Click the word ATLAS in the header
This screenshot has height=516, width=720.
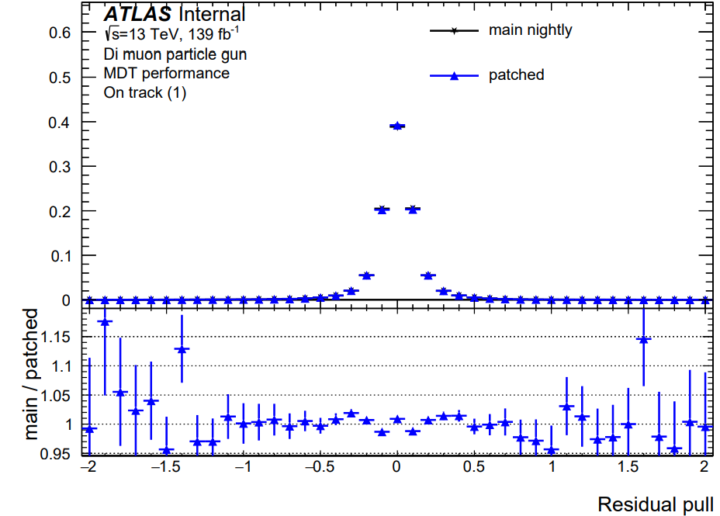138,14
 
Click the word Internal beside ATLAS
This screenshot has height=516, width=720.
212,14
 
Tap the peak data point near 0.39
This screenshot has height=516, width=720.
397,126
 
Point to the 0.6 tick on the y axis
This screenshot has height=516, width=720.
60,33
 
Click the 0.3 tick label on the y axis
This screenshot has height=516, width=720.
60,167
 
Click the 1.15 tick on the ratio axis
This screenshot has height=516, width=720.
56,338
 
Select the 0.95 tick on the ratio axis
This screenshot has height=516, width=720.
56,454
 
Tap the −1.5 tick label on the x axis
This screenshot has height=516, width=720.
166,467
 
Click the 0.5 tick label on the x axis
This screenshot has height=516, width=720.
474,467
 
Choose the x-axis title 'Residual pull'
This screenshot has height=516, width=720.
656,504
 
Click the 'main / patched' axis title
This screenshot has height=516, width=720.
31,374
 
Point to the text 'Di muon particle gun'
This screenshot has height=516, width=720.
175,54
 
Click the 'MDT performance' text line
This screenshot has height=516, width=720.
167,74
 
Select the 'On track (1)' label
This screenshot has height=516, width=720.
145,93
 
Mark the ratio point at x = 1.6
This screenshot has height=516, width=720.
644,340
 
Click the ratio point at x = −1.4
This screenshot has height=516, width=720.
182,349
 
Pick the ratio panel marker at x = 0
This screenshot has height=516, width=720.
397,419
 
